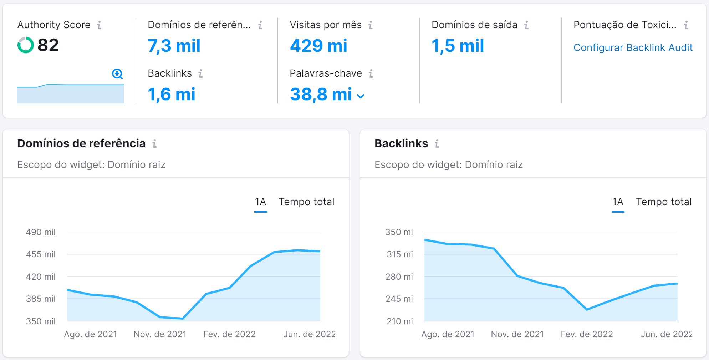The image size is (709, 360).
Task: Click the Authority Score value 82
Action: [x=48, y=45]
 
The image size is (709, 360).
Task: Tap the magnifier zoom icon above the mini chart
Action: [x=117, y=74]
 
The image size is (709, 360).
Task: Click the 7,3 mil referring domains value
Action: [x=174, y=46]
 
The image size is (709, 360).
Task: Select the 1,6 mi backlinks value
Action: [x=172, y=95]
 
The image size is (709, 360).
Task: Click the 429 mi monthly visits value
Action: [x=318, y=46]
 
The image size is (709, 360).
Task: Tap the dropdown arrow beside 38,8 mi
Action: [x=361, y=96]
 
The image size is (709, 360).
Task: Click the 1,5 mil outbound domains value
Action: [x=458, y=46]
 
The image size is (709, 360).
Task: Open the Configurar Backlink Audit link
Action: [x=633, y=48]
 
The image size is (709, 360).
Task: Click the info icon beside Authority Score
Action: [x=99, y=25]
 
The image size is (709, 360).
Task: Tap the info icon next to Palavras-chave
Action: [x=371, y=73]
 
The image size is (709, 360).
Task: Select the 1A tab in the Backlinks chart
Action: [x=618, y=202]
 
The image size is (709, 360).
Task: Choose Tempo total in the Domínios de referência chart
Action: [x=306, y=202]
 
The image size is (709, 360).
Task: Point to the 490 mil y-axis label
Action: [x=41, y=232]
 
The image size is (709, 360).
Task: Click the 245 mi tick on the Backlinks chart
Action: [x=399, y=299]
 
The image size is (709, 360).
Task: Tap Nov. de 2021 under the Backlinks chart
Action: [x=517, y=334]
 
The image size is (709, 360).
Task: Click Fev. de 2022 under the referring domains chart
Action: [x=229, y=334]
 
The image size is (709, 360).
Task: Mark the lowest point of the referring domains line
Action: [x=183, y=318]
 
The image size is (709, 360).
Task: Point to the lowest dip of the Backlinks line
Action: [x=587, y=309]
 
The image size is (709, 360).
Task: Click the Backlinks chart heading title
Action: [x=401, y=143]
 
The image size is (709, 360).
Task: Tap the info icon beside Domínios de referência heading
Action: [x=154, y=143]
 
